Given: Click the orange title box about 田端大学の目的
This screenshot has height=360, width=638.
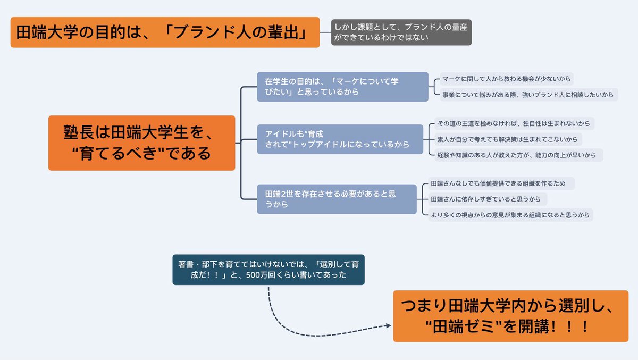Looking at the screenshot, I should pos(165,32).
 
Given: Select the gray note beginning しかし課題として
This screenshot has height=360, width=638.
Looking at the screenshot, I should pos(401,32).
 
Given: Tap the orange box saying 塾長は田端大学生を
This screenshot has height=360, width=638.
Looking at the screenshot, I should pos(141,143).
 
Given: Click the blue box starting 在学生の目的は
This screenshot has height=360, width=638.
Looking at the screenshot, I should pos(342,87).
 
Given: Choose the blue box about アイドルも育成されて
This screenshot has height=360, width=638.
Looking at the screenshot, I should pos(340,139).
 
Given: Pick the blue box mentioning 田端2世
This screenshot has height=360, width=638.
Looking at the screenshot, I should pos(337,199).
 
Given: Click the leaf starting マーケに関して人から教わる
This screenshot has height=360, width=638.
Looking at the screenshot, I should pos(507,79).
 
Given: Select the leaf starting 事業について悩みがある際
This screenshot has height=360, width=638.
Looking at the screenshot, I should pos(528,95).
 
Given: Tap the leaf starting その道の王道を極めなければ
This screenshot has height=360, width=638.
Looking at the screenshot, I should pos(514,123).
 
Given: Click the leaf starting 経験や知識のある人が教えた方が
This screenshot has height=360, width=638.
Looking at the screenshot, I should pos(516,155).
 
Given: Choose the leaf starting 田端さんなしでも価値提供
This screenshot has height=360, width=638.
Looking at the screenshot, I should pos(502,183).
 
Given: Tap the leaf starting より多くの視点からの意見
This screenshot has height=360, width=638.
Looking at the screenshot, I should pos(510,215).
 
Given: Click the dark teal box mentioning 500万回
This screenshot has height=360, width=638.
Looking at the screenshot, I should pos(268,270).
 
